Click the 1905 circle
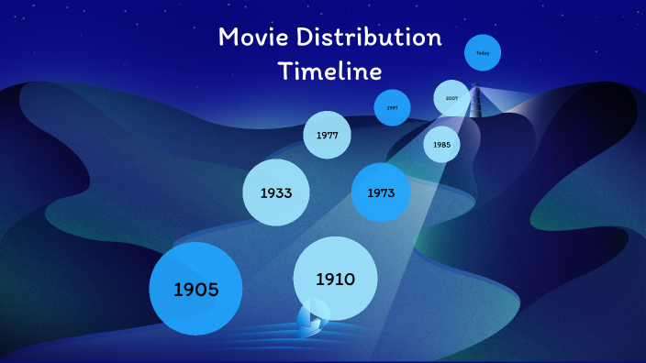[195, 289]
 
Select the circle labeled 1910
[335, 279]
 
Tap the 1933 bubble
[275, 192]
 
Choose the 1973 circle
[380, 192]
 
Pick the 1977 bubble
[328, 135]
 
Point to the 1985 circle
[441, 145]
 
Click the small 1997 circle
[392, 107]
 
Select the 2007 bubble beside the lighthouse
[451, 98]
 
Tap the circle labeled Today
[483, 53]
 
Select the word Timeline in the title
[329, 71]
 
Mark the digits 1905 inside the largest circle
[195, 290]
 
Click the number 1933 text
[275, 193]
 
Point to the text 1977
[328, 136]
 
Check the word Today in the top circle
[483, 53]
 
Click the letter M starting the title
[229, 38]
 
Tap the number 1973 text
[380, 193]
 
